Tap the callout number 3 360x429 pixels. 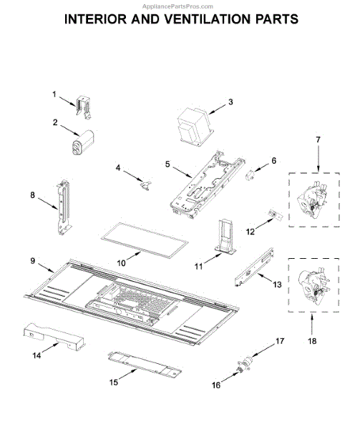[x=230, y=102]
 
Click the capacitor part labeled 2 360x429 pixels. [x=83, y=143]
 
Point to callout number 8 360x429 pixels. [x=33, y=195]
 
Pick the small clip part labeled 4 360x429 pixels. [x=145, y=185]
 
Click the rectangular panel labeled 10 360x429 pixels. [x=145, y=240]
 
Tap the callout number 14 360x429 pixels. [x=37, y=355]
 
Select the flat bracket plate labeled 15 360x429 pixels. [x=145, y=365]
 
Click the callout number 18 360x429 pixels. [x=312, y=341]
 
